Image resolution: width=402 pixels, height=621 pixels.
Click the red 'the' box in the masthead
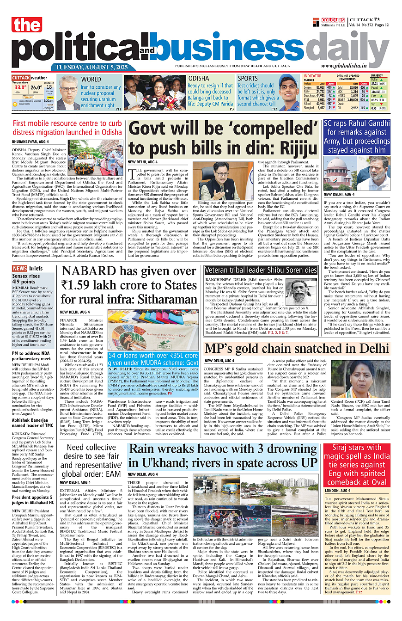[x=27, y=25]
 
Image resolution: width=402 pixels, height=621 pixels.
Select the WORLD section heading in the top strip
[x=91, y=79]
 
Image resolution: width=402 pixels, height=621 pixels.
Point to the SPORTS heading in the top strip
[x=248, y=79]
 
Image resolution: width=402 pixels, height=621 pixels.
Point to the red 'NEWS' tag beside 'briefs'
[x=19, y=269]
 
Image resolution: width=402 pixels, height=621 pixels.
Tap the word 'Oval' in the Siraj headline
[x=379, y=482]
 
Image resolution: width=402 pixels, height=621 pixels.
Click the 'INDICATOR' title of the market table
[x=312, y=75]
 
